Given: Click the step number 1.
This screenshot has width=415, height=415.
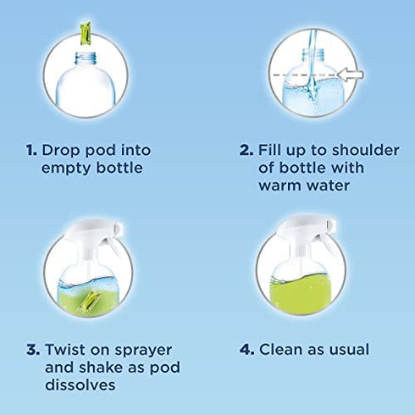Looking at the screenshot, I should pos(30,150).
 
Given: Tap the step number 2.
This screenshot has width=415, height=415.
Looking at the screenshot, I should pos(246,150).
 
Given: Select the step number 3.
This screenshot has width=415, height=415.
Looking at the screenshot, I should pos(30,349).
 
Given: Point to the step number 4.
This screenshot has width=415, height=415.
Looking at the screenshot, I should pos(246,349).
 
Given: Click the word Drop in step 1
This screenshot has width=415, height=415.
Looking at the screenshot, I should pos(62,150).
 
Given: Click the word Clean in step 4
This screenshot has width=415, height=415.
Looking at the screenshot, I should pos(282,349).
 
